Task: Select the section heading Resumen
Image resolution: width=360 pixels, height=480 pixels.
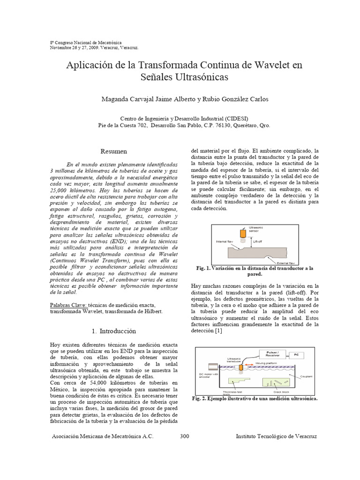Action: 114,151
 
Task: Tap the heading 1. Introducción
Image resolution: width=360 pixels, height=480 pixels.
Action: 114,331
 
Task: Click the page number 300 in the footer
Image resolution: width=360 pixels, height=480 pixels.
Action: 184,436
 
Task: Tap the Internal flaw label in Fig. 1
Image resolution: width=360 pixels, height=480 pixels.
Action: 225,242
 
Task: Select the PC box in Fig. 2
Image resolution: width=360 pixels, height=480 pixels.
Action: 296,355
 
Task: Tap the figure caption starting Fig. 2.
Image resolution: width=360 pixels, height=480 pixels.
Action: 255,398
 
